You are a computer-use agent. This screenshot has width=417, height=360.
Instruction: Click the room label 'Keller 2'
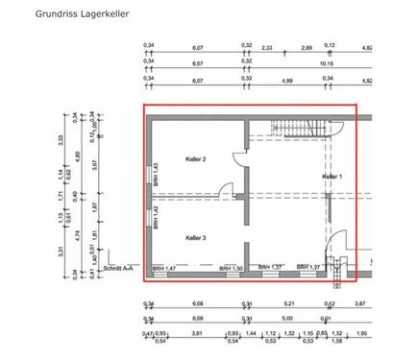tap(196, 158)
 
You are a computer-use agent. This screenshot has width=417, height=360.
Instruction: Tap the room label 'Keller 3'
tap(196, 237)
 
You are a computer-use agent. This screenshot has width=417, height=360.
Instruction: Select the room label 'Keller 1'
tap(331, 178)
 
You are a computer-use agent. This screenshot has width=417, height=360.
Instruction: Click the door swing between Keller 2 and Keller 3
tap(227, 189)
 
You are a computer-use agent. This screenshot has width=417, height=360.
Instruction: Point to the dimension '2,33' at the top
tap(267, 47)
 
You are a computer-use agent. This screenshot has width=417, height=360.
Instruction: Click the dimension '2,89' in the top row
tap(307, 47)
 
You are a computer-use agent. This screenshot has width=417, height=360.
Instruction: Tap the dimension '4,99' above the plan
tap(287, 81)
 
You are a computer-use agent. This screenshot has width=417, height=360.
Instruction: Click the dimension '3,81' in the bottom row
tap(199, 334)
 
